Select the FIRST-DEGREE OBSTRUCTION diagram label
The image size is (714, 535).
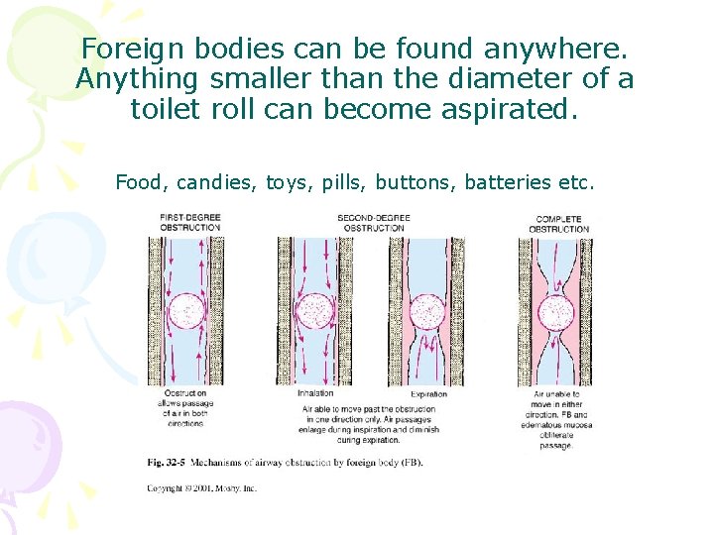click(x=189, y=223)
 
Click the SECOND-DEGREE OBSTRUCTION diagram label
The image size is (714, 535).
click(x=371, y=223)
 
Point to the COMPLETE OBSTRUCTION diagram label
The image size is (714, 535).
click(x=558, y=224)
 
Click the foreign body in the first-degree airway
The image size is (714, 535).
click(x=185, y=313)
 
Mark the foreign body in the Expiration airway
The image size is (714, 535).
click(x=428, y=313)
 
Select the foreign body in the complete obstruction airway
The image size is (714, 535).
click(x=557, y=313)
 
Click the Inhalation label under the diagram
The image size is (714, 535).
click(x=315, y=393)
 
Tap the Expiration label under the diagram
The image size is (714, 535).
click(x=429, y=393)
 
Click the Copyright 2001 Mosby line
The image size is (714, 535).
click(x=201, y=487)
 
